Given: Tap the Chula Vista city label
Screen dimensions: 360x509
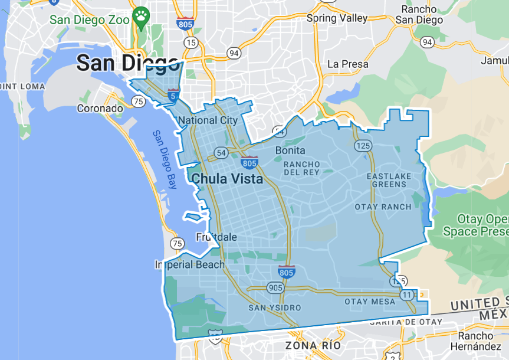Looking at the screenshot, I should click(x=226, y=179).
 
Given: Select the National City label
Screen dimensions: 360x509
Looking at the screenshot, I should click(x=207, y=120).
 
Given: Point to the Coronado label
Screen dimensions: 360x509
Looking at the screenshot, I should click(x=100, y=109).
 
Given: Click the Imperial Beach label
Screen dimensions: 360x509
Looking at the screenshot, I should click(x=190, y=264).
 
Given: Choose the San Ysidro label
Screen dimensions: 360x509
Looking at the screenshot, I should click(x=274, y=307).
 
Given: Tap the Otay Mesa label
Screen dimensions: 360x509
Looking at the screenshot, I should click(x=370, y=302).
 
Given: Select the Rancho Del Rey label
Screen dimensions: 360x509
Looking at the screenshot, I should click(x=301, y=168).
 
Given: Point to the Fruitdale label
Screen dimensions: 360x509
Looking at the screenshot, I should click(x=216, y=237).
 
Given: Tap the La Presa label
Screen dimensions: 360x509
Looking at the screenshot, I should click(x=347, y=64).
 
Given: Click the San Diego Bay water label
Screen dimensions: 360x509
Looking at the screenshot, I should click(x=165, y=159).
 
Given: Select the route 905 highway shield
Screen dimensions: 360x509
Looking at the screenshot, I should click(x=275, y=288).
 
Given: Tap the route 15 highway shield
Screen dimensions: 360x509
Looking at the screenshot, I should click(x=191, y=42).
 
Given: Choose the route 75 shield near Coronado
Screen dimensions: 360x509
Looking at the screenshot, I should click(x=139, y=102).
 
